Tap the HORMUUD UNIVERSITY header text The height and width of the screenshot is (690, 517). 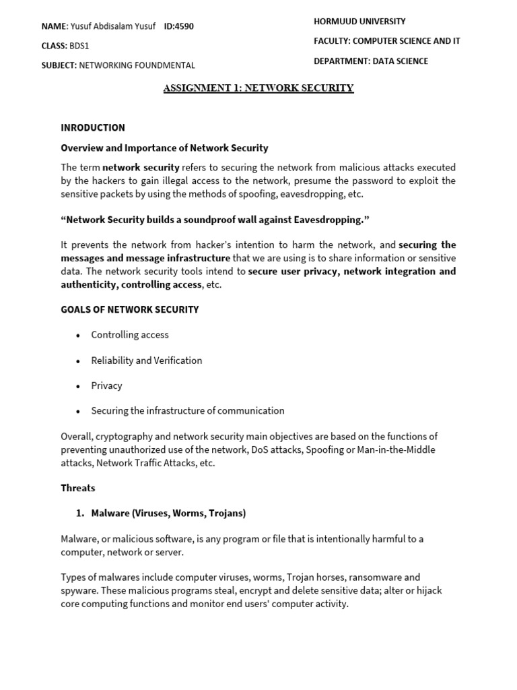coord(359,22)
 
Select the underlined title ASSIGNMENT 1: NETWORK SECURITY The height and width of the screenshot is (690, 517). coord(258,88)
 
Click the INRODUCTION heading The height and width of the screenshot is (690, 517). coord(93,127)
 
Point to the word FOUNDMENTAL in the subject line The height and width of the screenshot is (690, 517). coord(166,65)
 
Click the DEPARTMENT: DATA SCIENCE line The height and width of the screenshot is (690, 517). coord(370,61)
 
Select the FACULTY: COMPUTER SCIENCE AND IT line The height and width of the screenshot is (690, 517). coord(386,41)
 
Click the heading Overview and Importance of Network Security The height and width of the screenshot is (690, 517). coord(164,148)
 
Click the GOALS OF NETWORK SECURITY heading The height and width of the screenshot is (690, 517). coord(130,309)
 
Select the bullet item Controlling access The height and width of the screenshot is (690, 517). coord(130,335)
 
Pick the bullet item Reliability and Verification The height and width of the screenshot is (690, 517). coord(147,360)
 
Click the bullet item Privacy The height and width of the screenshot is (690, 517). coord(107,385)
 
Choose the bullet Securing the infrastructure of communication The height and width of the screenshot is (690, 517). coord(188,410)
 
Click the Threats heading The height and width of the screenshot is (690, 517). coord(78,488)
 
